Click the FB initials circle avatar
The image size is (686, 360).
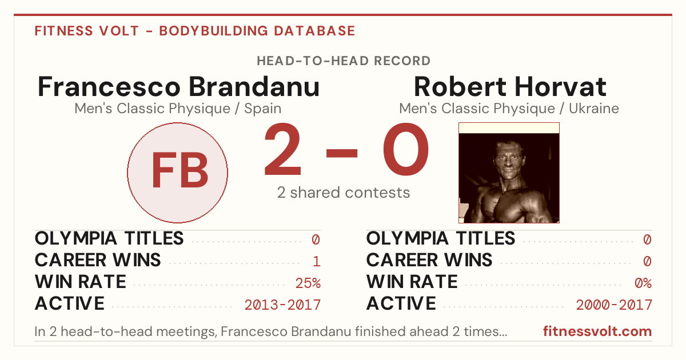178,173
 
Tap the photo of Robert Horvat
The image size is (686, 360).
509,173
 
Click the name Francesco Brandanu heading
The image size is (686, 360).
178,87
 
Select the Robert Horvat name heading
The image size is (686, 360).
510,87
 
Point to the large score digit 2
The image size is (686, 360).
282,149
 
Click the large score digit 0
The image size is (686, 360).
406,149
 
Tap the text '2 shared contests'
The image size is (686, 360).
344,193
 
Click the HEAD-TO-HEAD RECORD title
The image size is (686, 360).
344,61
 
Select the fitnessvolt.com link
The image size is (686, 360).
597,331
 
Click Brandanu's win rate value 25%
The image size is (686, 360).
308,283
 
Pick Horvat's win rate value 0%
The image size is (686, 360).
643,283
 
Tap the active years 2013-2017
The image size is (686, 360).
282,305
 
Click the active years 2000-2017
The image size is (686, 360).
614,305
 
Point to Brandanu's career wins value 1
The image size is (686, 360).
317,262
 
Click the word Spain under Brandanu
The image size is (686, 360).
263,109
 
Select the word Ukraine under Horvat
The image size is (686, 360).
594,109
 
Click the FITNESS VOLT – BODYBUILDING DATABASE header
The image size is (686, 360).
195,31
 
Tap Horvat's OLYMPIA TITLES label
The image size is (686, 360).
441,238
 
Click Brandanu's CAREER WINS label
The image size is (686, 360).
98,260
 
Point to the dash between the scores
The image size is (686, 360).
342,153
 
